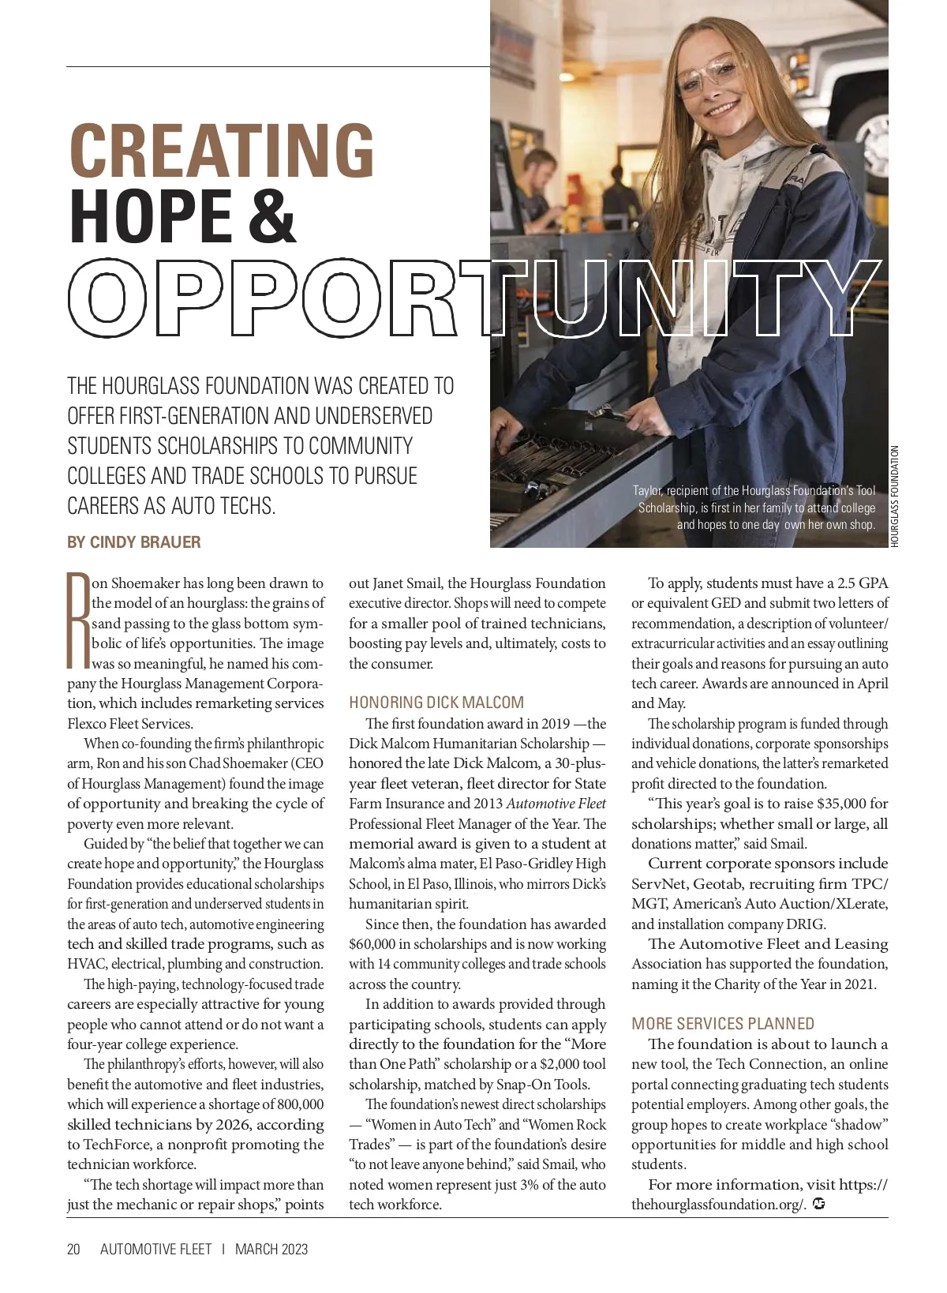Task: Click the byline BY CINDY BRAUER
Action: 134,542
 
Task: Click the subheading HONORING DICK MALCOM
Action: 436,703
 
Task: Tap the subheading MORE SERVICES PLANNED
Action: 723,1024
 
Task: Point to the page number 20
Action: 74,1249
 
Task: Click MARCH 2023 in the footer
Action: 271,1249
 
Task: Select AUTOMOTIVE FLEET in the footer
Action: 156,1249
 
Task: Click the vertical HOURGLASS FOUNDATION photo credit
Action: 895,496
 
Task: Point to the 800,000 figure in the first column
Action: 297,1104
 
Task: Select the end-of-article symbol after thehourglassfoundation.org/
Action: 818,1204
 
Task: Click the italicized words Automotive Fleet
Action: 556,804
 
